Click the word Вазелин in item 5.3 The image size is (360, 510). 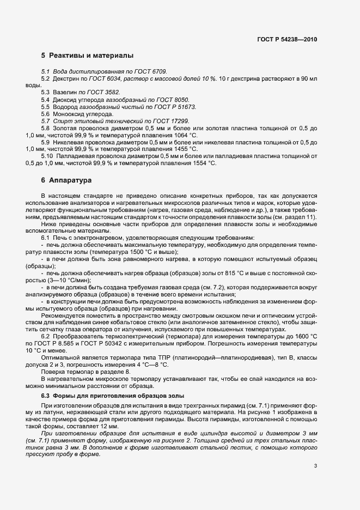coord(64,93)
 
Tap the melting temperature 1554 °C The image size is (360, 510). coord(200,163)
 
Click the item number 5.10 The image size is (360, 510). coord(47,156)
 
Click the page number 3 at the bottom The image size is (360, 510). coord(315,465)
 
